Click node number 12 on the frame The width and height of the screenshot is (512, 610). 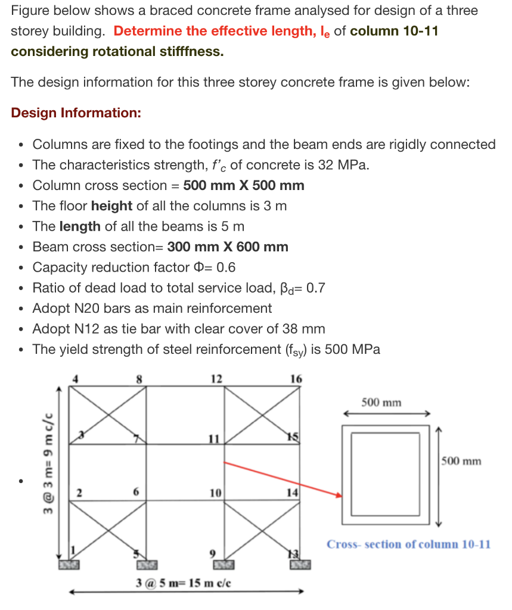point(216,378)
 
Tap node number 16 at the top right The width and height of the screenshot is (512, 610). point(296,378)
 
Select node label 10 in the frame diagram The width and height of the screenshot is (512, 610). point(215,493)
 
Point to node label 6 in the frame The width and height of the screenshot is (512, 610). point(136,493)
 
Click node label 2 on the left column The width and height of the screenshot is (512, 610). point(78,493)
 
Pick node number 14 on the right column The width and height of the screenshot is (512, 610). point(292,493)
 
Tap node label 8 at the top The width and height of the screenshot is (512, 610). point(139,378)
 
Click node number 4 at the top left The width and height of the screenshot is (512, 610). point(76,378)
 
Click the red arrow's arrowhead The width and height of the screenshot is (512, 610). point(339,494)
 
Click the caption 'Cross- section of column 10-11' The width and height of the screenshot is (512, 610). point(408,544)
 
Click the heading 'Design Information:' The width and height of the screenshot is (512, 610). point(76,113)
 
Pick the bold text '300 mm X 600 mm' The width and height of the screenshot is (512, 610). point(228,247)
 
